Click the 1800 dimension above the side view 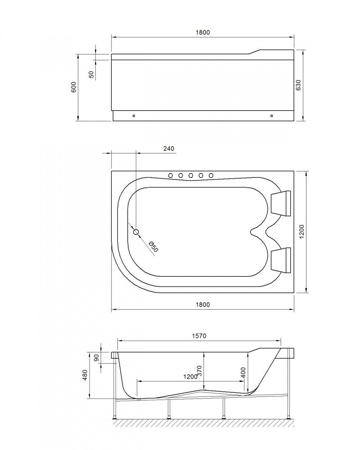click(203, 32)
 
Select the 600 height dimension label click(74, 87)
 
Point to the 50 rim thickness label click(91, 74)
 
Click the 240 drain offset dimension click(168, 148)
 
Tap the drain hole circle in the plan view click(137, 232)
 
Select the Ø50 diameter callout click(153, 247)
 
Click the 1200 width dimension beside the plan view click(302, 231)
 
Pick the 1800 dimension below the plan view click(203, 304)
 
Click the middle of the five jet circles click(190, 175)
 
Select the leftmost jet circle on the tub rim click(171, 175)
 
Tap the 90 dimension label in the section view click(96, 359)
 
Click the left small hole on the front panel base click(134, 116)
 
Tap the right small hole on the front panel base click(272, 116)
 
